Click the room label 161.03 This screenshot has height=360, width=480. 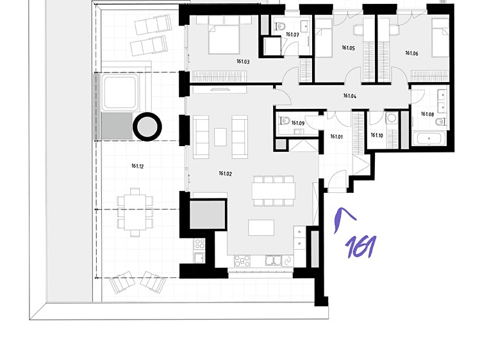pos(243,61)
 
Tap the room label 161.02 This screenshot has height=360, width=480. pos(225,174)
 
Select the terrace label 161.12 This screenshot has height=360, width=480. pos(137,166)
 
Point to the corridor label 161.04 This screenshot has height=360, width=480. pos(350,95)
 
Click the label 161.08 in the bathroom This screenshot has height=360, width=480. pos(427,114)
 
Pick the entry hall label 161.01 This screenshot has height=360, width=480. pos(336,136)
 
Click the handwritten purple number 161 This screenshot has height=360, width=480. pos(360,247)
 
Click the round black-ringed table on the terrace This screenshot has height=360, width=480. pos(147,127)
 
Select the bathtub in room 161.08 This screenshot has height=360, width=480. pos(429,139)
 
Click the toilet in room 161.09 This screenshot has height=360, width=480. pos(285,121)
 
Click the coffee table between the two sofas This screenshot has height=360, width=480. pos(220,137)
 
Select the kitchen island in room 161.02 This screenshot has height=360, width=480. pos(261,227)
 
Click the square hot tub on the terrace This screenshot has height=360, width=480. pos(120,92)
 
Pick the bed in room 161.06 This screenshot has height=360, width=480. pos(440,38)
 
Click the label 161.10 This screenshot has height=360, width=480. pos(377,135)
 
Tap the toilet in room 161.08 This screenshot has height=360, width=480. pos(440,122)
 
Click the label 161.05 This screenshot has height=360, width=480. pos(349,47)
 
